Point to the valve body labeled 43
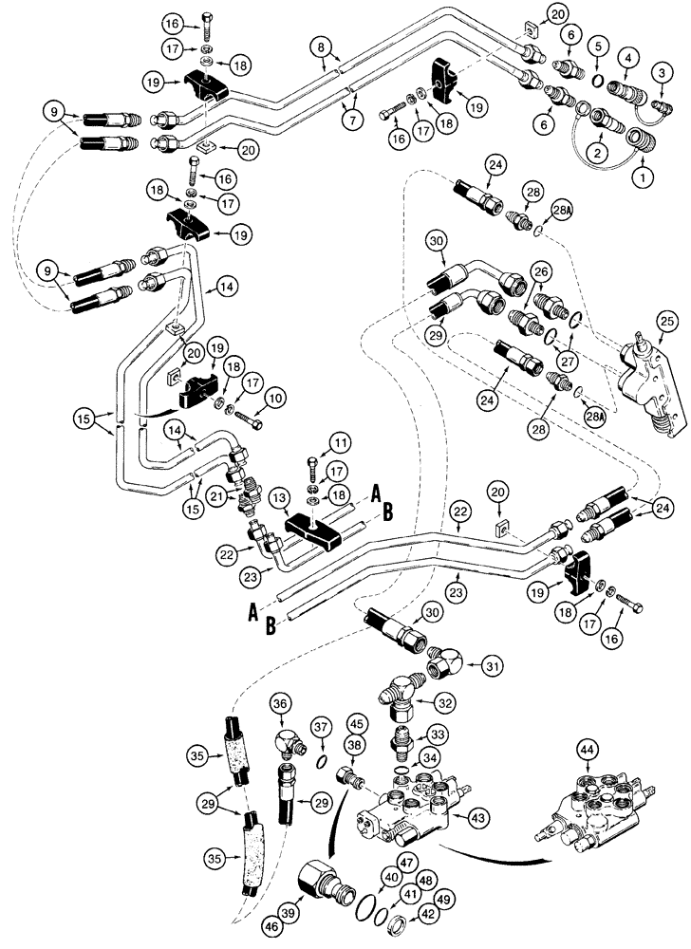[x=408, y=810]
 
